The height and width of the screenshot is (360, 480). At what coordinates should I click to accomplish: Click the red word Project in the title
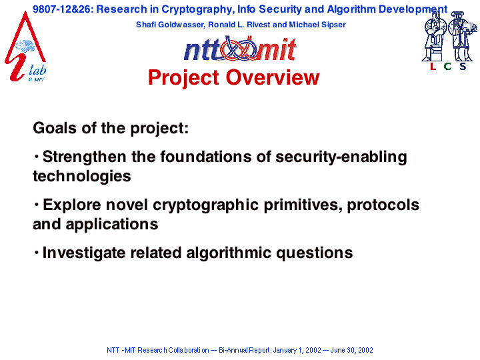coord(184,78)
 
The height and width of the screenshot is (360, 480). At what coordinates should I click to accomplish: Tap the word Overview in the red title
coord(273,77)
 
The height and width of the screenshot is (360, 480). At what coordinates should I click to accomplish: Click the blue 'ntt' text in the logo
coord(203,50)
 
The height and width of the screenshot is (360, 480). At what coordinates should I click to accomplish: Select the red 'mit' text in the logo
coord(276,49)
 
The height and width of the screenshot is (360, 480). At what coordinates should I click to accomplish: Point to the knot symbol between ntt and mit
coord(239,49)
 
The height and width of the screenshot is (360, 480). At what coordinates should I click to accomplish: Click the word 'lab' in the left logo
coord(37,70)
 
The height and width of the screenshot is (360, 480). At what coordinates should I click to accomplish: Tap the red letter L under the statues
coord(433,66)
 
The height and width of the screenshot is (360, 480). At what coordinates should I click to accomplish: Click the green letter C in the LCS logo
coord(447,66)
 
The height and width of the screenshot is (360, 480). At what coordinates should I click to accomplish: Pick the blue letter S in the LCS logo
coord(463,66)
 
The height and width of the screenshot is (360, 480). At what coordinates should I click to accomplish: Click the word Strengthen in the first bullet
coord(84,157)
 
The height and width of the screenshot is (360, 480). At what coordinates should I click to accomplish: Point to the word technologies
coord(82,177)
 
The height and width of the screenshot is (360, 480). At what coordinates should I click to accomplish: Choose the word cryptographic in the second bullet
coord(206,205)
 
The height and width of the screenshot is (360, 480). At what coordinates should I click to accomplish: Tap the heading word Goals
coord(55,128)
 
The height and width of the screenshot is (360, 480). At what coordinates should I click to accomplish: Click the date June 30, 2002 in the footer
coord(352,350)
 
